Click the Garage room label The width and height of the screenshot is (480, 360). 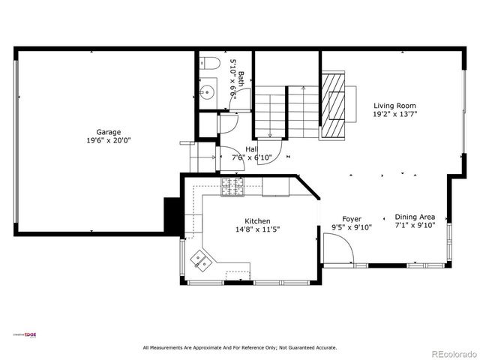click(x=108, y=132)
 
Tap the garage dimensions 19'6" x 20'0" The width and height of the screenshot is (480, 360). click(x=108, y=140)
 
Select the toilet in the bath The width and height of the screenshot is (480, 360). click(x=208, y=64)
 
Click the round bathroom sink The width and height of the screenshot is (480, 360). click(x=207, y=93)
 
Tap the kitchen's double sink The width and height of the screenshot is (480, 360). click(x=200, y=260)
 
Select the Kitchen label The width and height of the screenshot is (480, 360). click(x=257, y=221)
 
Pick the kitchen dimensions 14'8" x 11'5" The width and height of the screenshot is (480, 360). click(x=257, y=229)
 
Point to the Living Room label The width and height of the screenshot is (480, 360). click(x=394, y=106)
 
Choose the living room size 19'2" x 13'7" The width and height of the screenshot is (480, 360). click(x=394, y=115)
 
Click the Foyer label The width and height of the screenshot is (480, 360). click(x=352, y=219)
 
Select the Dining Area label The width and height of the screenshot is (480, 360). click(x=415, y=216)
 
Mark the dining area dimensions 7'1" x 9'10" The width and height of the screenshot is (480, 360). click(x=415, y=224)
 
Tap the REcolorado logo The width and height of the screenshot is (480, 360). click(x=451, y=353)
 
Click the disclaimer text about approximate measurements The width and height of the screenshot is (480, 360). click(x=240, y=347)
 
